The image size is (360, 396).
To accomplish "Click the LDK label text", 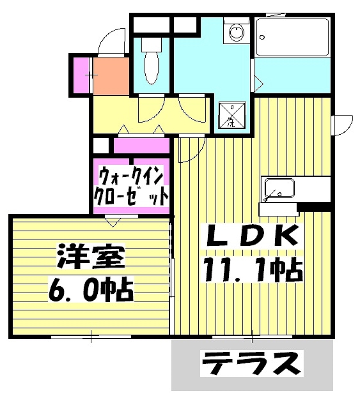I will tap(251, 238).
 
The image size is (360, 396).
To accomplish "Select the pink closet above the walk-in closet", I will tap(141, 146).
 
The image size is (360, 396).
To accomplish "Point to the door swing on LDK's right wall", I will tap(343, 124).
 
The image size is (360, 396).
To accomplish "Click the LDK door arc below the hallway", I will tap(190, 151).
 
